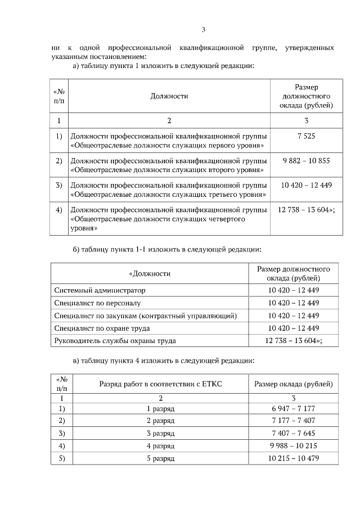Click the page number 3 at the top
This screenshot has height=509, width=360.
point(204,30)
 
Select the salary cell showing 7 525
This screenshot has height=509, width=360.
point(305,137)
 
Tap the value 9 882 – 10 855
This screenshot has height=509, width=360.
point(306,161)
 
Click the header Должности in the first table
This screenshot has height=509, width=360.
point(169,96)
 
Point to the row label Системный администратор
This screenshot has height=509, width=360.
point(100,290)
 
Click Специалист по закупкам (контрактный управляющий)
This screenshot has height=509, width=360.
point(145,316)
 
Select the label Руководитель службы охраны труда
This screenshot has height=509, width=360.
point(115,340)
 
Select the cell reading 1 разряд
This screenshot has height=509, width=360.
point(160,409)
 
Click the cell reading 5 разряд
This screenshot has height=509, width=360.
point(160,458)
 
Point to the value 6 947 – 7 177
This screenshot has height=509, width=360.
point(293,409)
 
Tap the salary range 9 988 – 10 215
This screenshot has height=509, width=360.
point(293,446)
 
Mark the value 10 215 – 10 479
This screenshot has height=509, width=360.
point(293,458)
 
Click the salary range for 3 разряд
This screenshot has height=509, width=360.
point(293,434)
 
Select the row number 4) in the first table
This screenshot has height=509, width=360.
point(58,210)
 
